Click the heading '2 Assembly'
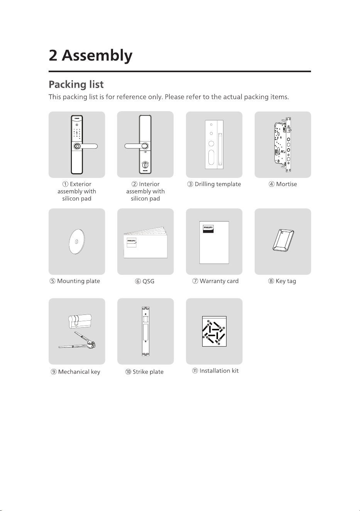coord(91,56)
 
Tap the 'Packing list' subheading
coord(76,85)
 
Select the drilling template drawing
coord(214,145)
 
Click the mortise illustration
coord(283,145)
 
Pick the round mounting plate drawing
coord(77,241)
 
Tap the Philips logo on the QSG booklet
coord(132,242)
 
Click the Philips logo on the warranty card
coord(208,229)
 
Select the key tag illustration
coord(283,240)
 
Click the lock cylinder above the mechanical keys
coord(80,321)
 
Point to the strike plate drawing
coord(145,331)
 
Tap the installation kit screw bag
coord(214,331)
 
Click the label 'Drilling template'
coord(218,184)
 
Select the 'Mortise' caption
coord(286,184)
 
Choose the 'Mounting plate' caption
coord(78,281)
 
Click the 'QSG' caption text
coord(148,281)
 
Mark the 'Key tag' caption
coord(286,281)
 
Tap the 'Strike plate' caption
coord(148,372)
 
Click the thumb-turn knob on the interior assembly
coord(145,165)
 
